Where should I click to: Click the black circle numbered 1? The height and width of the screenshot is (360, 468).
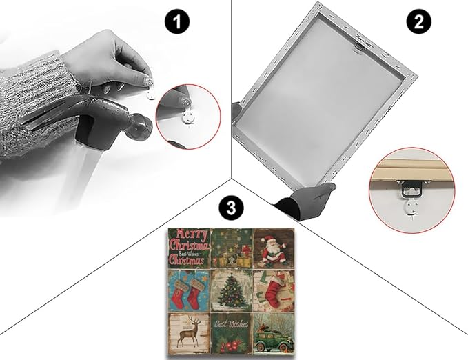[x=176, y=21]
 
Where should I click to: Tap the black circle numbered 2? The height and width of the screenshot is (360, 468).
[x=419, y=21]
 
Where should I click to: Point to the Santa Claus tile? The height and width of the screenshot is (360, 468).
[x=274, y=248]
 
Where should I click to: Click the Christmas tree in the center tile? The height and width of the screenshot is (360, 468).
[x=232, y=289]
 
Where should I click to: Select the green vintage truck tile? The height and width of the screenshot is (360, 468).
[x=274, y=334]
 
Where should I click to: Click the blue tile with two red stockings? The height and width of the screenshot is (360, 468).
[x=189, y=290]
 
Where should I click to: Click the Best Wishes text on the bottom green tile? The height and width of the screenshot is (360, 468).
[x=231, y=324]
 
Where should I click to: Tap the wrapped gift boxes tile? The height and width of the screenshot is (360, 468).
[x=232, y=248]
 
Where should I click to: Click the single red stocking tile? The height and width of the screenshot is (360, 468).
[x=274, y=290]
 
